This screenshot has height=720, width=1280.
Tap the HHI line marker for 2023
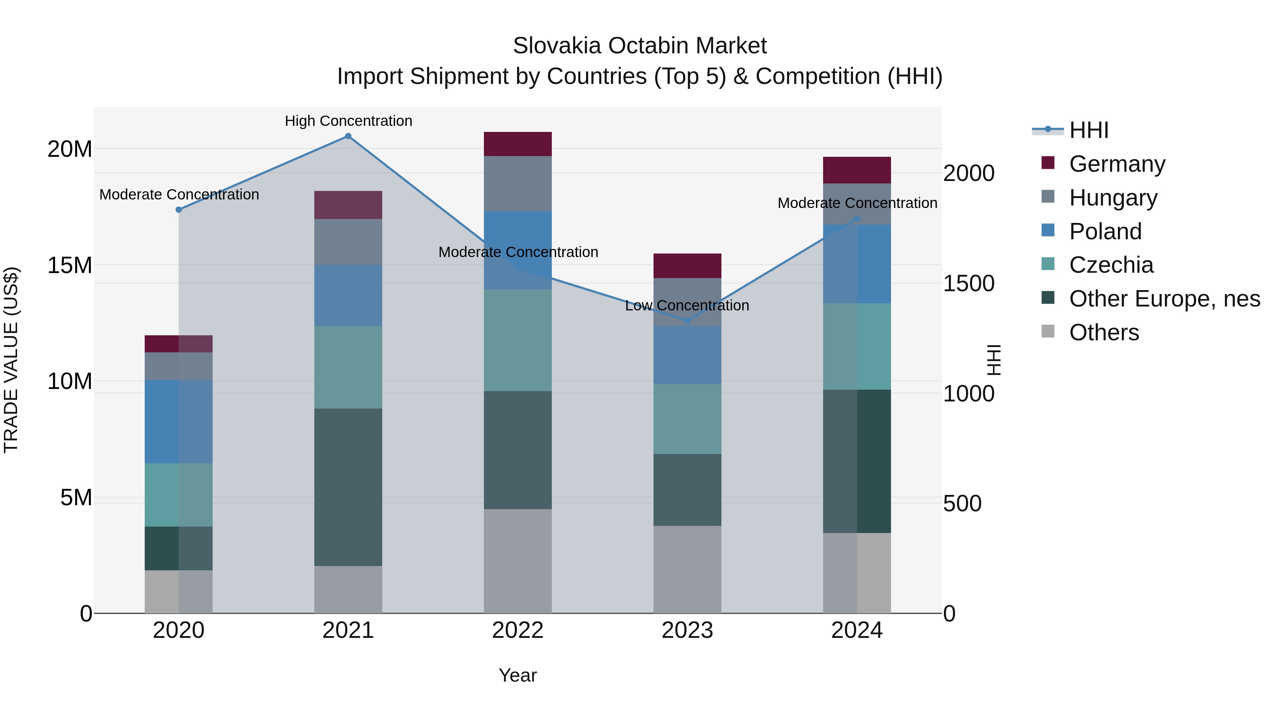coord(687,320)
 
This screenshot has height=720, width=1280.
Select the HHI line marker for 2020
coord(178,210)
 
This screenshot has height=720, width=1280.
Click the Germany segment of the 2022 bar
coord(517,144)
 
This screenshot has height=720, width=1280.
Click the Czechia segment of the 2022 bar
coord(517,340)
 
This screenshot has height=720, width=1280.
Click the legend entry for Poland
coord(1105,231)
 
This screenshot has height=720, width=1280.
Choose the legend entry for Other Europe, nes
coord(1164,299)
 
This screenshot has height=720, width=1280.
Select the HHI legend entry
coord(1088,130)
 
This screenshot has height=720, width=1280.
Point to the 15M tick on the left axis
coord(70,265)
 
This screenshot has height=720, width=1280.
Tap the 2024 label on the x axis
coord(856,630)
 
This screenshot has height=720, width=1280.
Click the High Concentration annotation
coord(348,121)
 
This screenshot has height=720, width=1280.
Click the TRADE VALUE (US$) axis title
coord(11,360)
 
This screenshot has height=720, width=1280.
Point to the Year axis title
coord(517,675)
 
